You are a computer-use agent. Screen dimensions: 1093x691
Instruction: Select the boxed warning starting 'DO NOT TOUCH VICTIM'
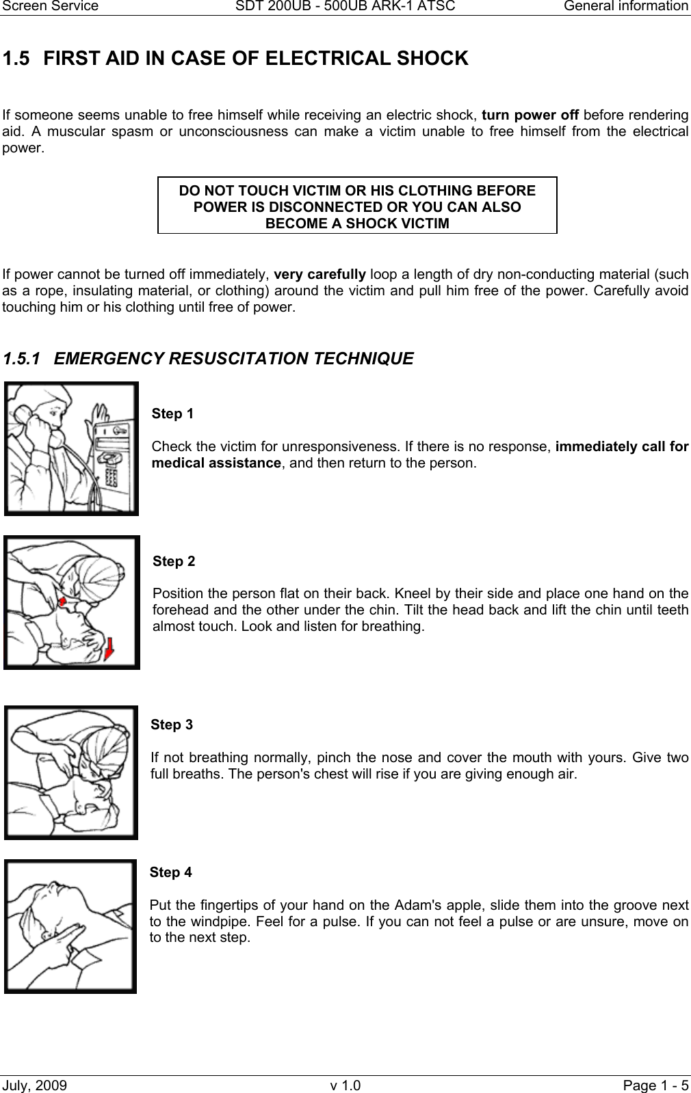357,206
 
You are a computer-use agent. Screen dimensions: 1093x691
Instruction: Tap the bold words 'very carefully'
320,275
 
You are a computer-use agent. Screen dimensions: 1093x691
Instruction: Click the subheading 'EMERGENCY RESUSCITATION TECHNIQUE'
233,359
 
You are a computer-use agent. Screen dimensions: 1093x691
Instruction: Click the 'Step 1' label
172,414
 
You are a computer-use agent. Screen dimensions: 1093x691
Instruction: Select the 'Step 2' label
174,561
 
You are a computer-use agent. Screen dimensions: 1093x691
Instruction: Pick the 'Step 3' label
172,725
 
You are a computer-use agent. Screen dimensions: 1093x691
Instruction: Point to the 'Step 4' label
170,872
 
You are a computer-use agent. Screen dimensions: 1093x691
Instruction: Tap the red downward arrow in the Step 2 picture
109,649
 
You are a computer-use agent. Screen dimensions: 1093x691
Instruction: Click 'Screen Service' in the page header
49,6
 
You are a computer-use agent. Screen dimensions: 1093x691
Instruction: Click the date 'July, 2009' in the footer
35,1085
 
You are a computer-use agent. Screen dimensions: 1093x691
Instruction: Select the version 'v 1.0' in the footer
345,1085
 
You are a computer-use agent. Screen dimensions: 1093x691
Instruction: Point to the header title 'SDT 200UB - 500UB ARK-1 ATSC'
345,6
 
